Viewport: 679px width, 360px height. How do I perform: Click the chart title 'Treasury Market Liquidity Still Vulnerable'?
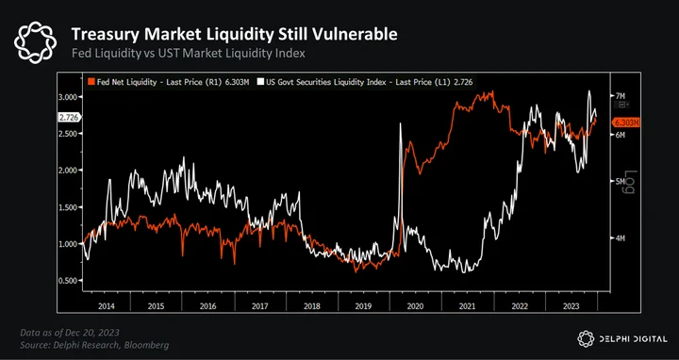coord(234,34)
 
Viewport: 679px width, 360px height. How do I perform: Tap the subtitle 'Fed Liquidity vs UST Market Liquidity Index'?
coord(189,54)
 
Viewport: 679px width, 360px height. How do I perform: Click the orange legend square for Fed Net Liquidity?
coord(91,82)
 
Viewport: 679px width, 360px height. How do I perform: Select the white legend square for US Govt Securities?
coord(260,82)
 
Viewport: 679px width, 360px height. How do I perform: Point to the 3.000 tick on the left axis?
coord(70,96)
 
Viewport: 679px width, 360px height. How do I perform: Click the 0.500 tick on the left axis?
coord(70,281)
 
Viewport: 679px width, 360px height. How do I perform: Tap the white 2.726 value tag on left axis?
coord(68,117)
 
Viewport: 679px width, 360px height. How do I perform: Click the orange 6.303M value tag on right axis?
coord(626,123)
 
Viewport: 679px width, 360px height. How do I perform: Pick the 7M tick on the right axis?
coord(620,95)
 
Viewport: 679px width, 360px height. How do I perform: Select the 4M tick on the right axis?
coord(620,238)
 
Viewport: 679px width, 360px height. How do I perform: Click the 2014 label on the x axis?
coord(107,306)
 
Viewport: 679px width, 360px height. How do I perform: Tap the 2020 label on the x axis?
coord(415,306)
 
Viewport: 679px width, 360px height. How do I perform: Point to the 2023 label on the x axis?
coord(571,306)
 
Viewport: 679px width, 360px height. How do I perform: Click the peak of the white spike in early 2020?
coord(400,123)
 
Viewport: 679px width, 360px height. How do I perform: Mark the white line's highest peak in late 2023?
coord(589,90)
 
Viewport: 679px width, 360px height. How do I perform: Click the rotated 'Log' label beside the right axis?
coord(629,182)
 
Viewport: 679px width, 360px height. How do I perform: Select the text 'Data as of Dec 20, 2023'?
coord(70,333)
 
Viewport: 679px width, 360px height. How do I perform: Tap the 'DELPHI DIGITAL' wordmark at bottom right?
coord(633,339)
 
